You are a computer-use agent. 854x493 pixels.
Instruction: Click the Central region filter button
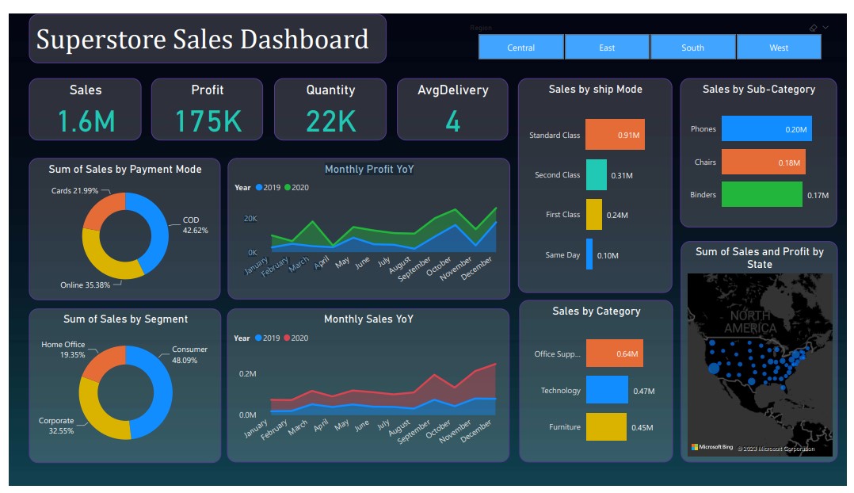[x=521, y=48]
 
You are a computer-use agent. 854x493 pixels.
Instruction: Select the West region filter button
[x=779, y=48]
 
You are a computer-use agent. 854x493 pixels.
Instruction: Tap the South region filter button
[x=692, y=48]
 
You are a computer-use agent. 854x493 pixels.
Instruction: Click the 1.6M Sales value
[x=86, y=121]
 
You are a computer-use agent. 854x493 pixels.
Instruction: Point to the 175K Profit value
[x=208, y=121]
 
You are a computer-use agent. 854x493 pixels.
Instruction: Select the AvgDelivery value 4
[x=452, y=121]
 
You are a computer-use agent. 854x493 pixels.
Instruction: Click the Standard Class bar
[x=615, y=135]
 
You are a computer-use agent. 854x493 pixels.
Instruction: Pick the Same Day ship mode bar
[x=589, y=254]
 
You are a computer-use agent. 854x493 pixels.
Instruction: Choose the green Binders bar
[x=762, y=194]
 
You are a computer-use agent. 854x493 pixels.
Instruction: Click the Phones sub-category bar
[x=766, y=128]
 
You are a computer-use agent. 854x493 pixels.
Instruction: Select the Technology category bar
[x=607, y=390]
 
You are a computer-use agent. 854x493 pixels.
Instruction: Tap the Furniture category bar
[x=606, y=426]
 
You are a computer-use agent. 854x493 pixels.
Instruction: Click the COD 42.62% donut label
[x=195, y=225]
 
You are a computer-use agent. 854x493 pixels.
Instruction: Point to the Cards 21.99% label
[x=75, y=191]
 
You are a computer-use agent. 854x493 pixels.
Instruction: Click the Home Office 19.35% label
[x=63, y=350]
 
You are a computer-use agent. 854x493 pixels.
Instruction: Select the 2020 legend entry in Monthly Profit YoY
[x=296, y=188]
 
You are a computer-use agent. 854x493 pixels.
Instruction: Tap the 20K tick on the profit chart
[x=250, y=218]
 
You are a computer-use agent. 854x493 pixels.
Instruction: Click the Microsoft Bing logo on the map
[x=711, y=448]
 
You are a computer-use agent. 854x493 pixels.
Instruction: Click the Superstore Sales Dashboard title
[x=203, y=39]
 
